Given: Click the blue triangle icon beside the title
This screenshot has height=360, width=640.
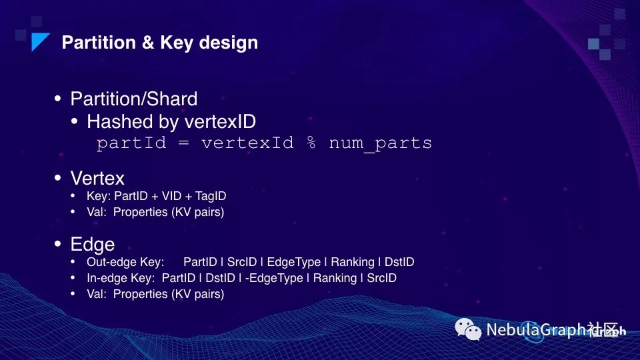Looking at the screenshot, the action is click(x=39, y=41).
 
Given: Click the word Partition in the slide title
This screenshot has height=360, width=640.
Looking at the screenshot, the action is click(x=99, y=43).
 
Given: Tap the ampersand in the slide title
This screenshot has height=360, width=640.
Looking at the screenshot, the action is click(x=148, y=43).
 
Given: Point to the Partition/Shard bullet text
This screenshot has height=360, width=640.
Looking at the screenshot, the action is click(x=134, y=99).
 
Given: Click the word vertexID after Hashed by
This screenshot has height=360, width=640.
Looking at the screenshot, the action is click(x=221, y=121).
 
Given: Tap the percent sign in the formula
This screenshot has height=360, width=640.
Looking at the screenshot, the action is click(x=311, y=143).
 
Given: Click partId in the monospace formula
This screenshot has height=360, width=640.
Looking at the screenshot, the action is click(x=131, y=143).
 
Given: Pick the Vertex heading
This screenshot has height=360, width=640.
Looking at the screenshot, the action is click(x=97, y=179).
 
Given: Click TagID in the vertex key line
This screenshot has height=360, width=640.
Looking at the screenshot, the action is click(x=211, y=196).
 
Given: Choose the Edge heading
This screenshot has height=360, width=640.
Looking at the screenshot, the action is click(x=93, y=245).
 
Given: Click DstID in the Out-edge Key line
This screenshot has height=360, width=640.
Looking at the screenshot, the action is click(x=399, y=262).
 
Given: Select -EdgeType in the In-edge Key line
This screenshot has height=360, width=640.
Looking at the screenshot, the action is click(x=274, y=278).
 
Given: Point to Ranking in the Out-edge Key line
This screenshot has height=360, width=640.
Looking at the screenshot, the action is click(x=353, y=262).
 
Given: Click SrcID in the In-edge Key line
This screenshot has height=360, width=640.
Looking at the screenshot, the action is click(x=381, y=278).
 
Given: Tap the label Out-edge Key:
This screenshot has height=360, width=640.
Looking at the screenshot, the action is click(x=125, y=262).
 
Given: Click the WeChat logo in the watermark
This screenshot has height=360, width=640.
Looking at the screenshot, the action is click(x=468, y=329).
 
